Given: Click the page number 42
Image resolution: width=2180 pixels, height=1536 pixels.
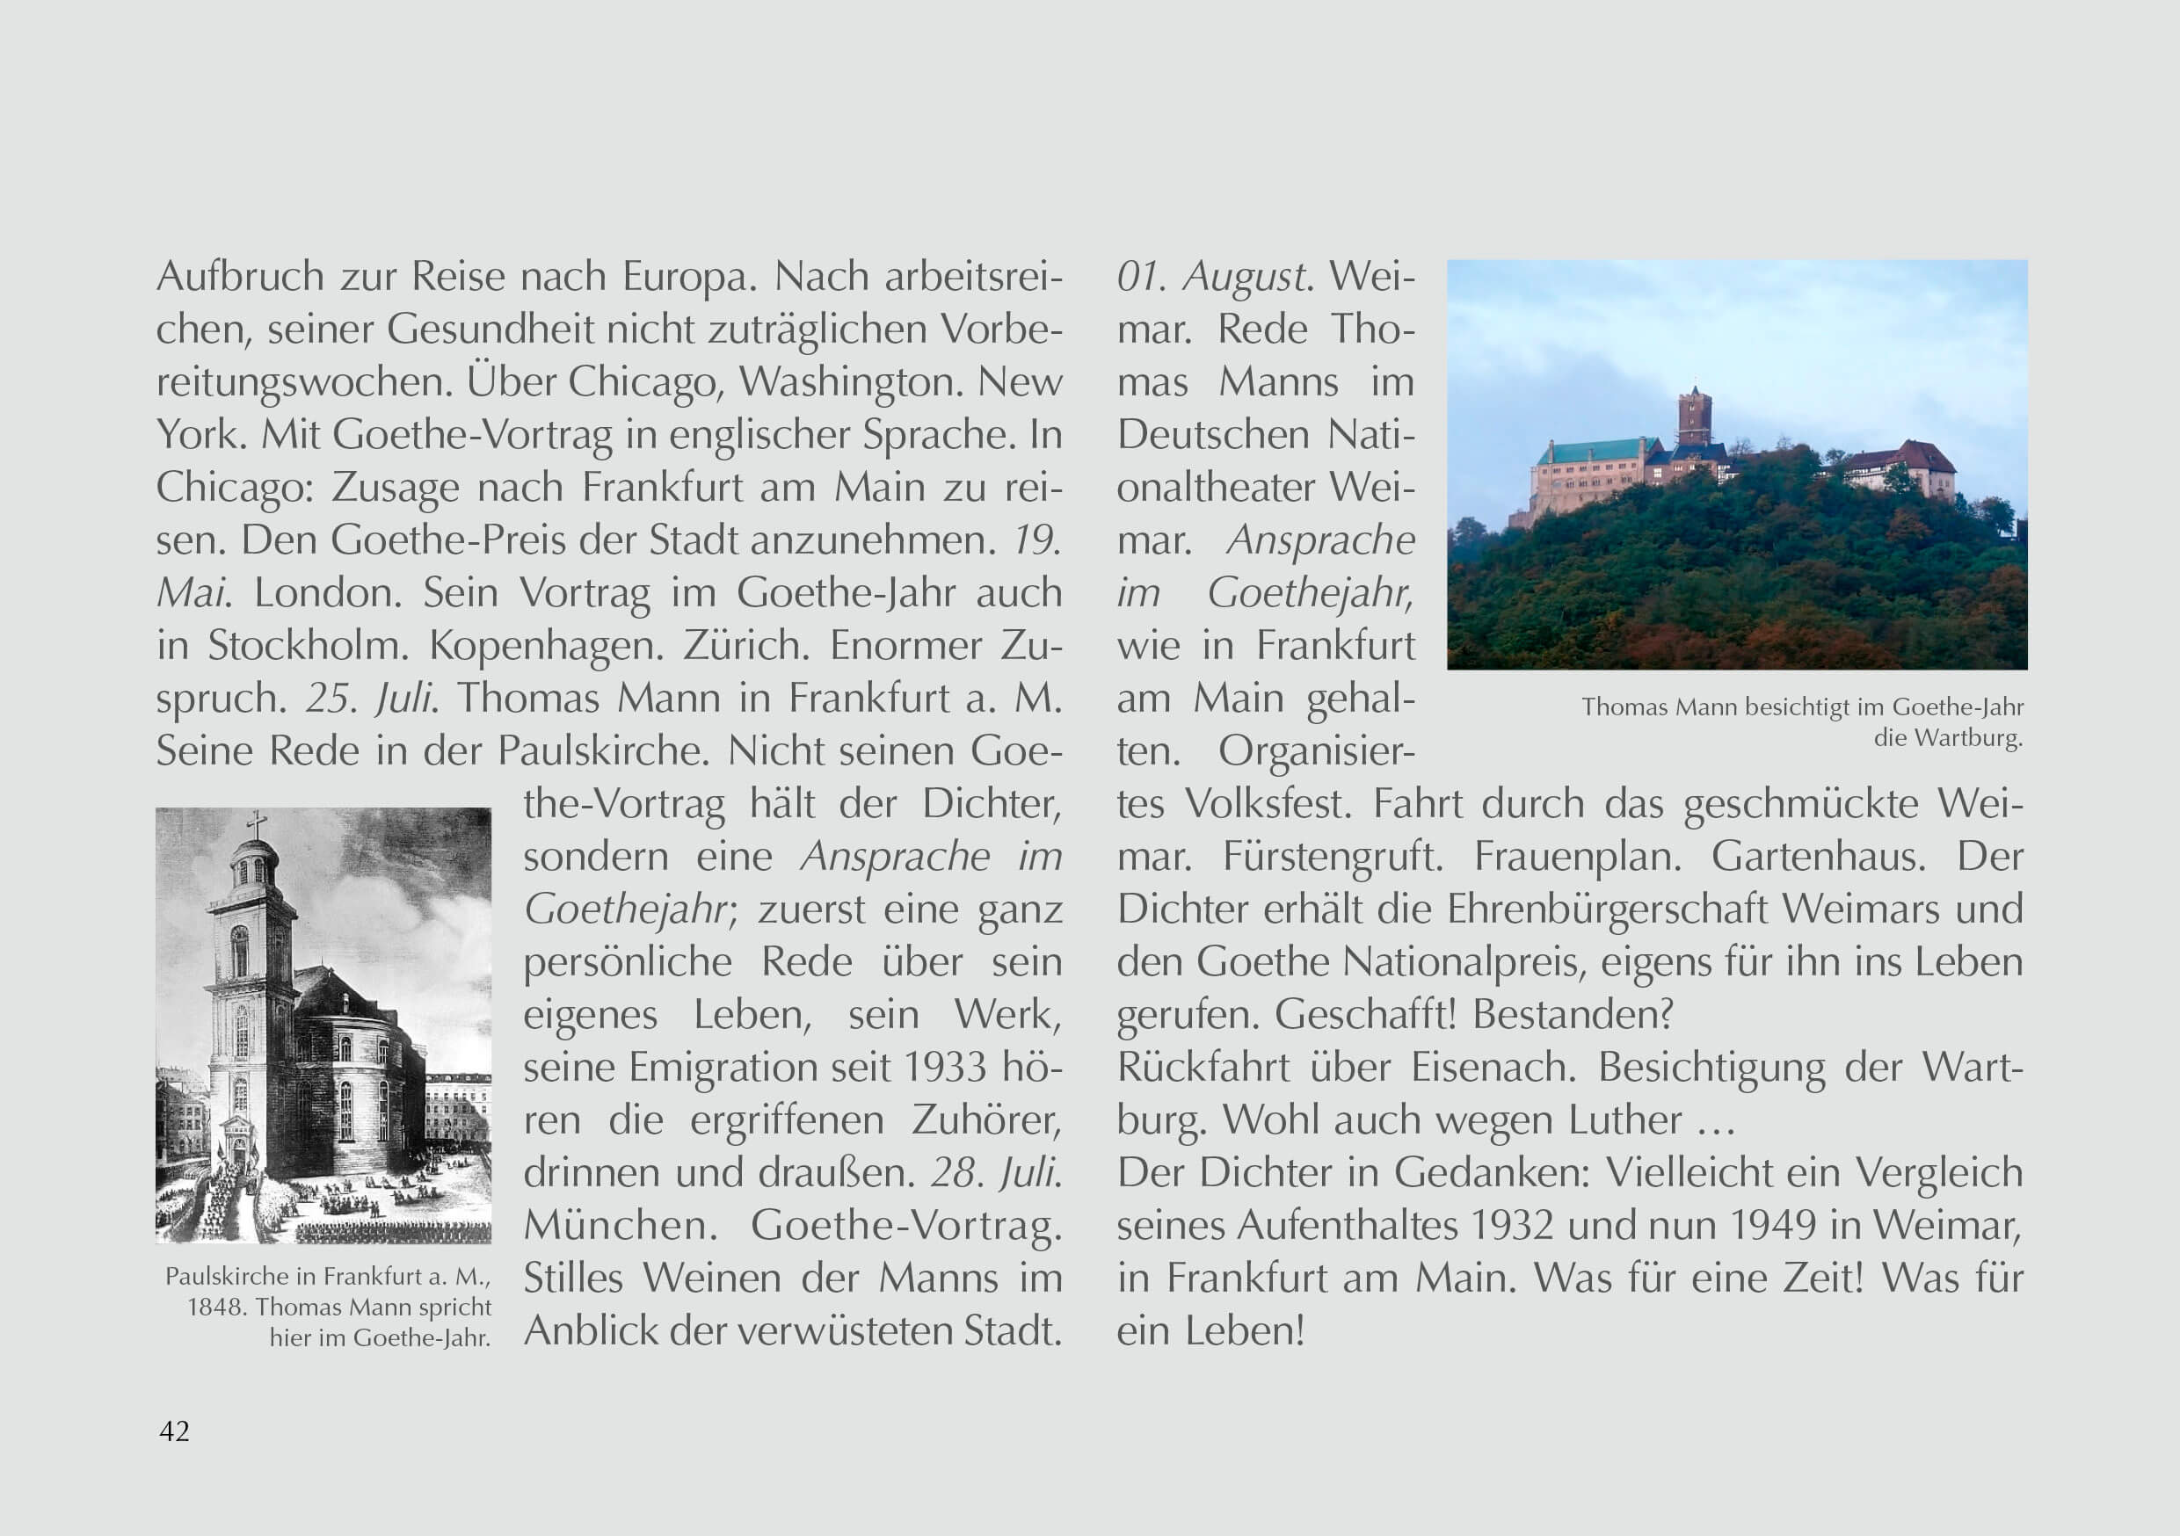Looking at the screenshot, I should pyautogui.click(x=175, y=1431).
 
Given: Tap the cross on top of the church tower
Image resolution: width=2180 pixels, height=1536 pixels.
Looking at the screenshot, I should pyautogui.click(x=257, y=825).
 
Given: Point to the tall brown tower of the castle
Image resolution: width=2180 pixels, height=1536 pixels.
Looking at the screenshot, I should pyautogui.click(x=1693, y=417).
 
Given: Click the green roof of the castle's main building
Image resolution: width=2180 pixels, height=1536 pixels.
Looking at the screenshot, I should pyautogui.click(x=1595, y=451).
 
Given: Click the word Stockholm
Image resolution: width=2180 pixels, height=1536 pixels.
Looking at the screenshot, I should pyautogui.click(x=308, y=646).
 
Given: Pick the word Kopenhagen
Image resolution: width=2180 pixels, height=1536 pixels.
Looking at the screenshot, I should pyautogui.click(x=546, y=646).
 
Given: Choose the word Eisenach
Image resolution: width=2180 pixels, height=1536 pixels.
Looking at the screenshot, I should pyautogui.click(x=1493, y=1067).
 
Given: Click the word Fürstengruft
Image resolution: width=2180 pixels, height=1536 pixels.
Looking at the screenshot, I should pyautogui.click(x=1332, y=856).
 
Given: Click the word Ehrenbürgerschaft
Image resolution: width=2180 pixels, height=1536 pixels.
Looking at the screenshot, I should pyautogui.click(x=1607, y=909).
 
